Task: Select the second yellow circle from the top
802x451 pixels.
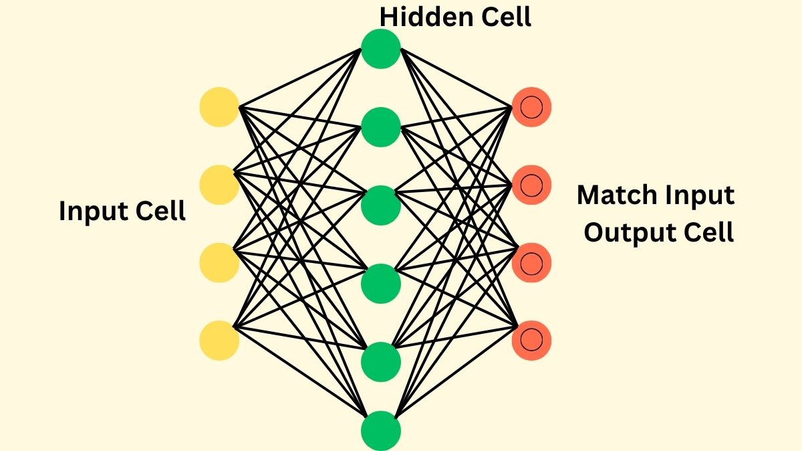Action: (219, 185)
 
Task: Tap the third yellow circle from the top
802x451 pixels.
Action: (219, 262)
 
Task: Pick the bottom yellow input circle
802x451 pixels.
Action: (219, 341)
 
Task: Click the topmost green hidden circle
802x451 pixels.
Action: (381, 49)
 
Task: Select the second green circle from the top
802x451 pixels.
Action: (381, 126)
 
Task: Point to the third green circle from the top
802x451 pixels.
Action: (381, 205)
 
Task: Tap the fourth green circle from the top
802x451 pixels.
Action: (381, 283)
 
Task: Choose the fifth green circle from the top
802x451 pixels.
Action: (381, 361)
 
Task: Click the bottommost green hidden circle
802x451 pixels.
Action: (381, 430)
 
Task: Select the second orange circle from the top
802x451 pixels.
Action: (531, 185)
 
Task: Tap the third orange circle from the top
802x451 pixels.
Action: (531, 262)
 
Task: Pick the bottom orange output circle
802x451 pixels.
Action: (531, 341)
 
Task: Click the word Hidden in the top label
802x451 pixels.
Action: (425, 17)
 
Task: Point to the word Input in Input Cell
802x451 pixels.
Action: (92, 211)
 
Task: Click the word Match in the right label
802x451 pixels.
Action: (617, 195)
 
